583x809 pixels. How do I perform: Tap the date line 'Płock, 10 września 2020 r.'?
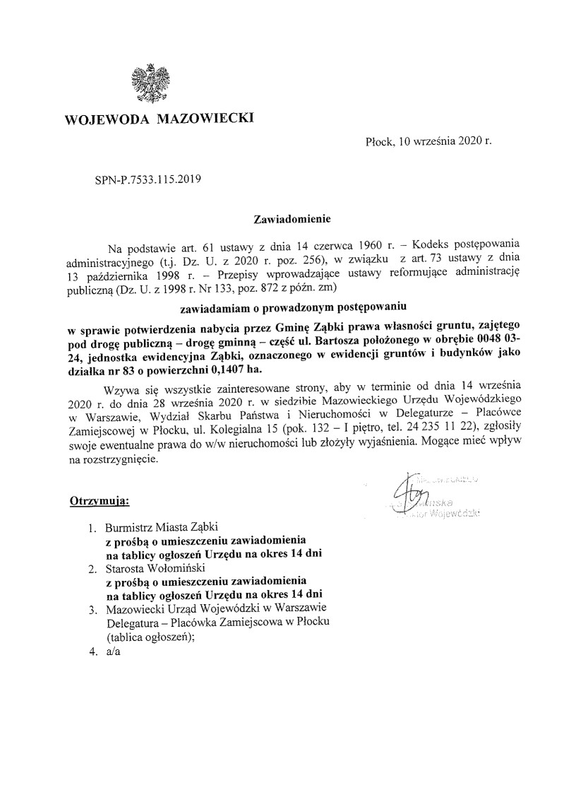[x=428, y=141]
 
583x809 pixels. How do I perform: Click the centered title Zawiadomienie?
[x=291, y=220]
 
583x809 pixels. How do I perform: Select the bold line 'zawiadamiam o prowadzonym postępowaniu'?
[x=291, y=307]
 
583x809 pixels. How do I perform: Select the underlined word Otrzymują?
[x=99, y=501]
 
